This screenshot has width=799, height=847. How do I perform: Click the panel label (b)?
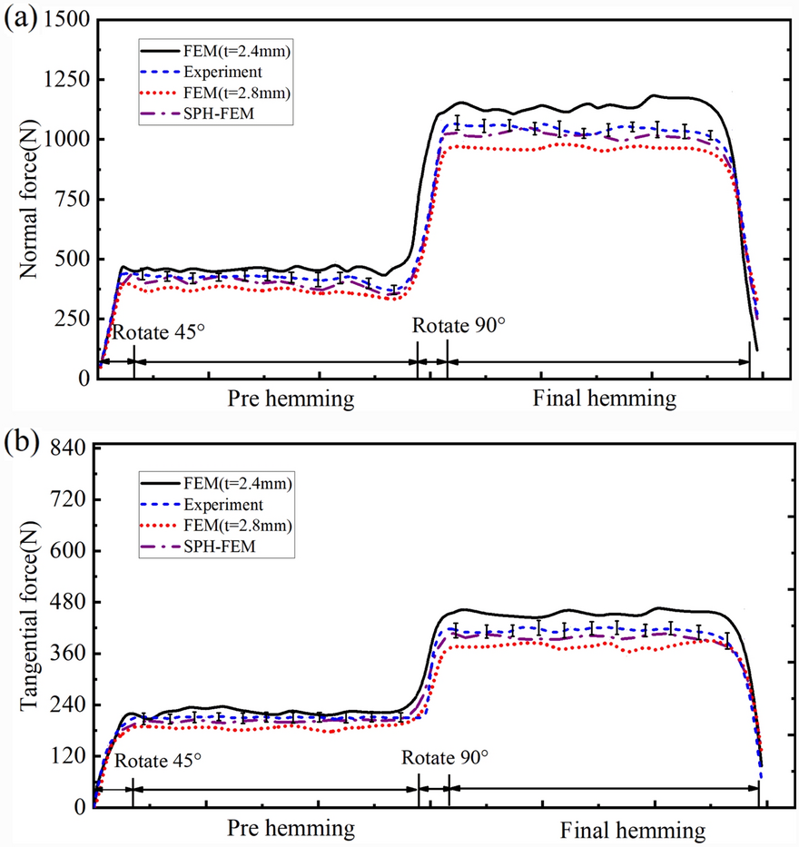[19, 447]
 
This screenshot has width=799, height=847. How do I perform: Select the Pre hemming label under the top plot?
[291, 399]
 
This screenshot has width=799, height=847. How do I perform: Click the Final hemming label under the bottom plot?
[632, 830]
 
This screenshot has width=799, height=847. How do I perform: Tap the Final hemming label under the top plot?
[605, 399]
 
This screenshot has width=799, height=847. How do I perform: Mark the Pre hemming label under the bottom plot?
[291, 829]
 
